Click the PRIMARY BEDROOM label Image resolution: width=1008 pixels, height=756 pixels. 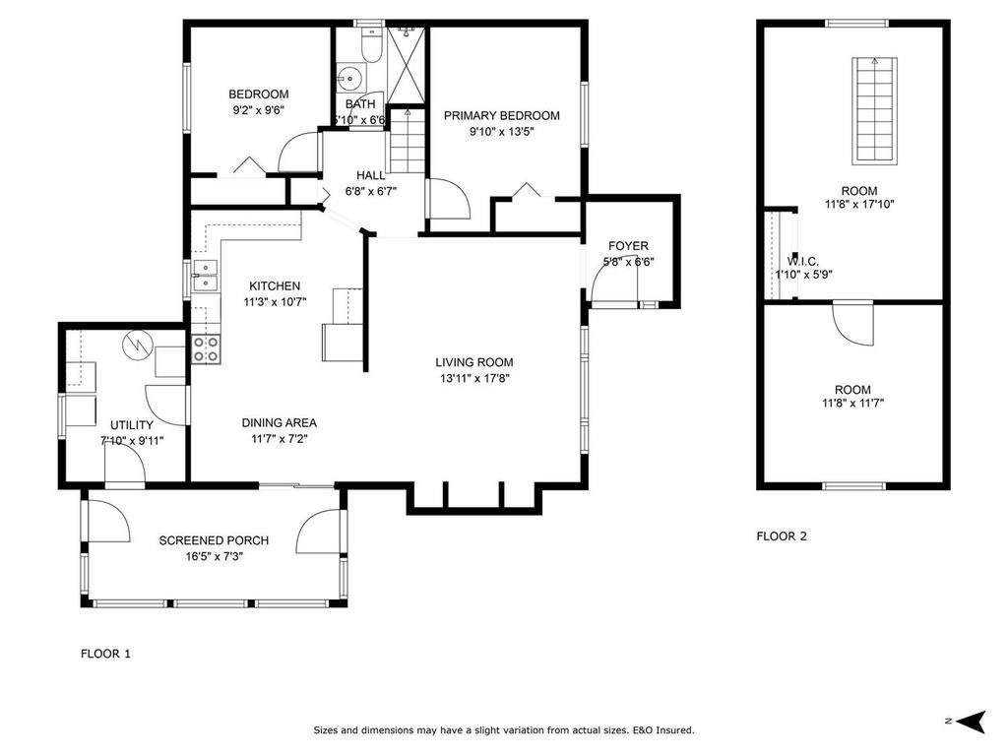501,116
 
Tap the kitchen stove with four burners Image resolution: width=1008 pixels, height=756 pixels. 206,348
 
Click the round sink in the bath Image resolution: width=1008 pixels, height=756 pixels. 348,77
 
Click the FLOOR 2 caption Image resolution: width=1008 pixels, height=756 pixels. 782,536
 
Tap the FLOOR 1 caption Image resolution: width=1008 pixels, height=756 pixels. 104,654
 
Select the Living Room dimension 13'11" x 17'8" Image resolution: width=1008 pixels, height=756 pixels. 475,378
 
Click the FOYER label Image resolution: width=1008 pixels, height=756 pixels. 628,246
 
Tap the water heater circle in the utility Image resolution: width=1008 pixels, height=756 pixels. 135,345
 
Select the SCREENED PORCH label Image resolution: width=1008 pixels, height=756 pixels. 214,540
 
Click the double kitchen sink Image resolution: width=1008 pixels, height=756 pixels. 206,276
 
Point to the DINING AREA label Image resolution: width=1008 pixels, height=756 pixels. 280,423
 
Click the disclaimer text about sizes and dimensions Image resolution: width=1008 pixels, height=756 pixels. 504,730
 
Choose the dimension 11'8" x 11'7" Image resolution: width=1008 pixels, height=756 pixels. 852,403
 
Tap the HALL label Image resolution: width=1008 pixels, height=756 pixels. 371,175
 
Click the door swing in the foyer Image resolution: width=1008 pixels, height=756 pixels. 612,285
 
